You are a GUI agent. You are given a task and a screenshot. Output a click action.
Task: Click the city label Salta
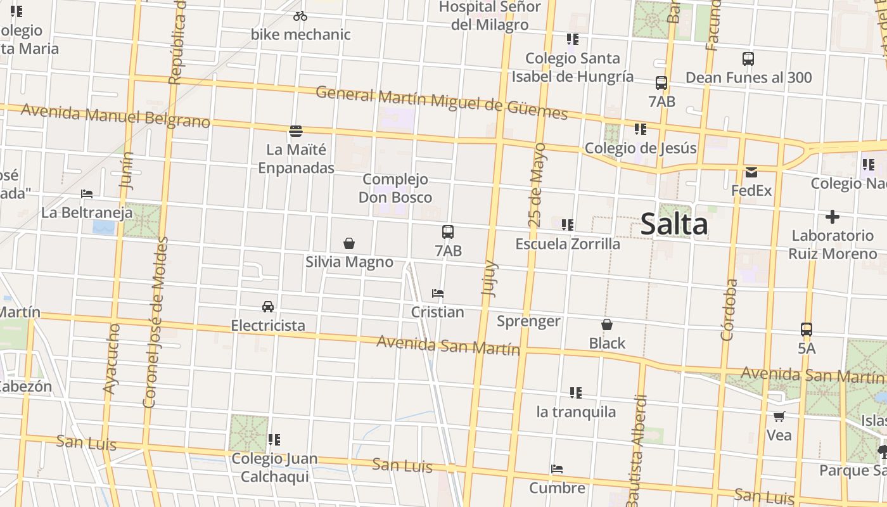(673, 225)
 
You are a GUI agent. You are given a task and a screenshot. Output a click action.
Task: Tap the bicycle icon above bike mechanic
(300, 16)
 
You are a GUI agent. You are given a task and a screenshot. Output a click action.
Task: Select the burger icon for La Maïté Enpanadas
(296, 131)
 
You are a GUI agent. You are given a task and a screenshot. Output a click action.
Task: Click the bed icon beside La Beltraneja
(87, 193)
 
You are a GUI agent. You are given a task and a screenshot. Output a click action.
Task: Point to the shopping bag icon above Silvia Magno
(348, 243)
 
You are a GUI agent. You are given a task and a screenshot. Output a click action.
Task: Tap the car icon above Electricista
(268, 307)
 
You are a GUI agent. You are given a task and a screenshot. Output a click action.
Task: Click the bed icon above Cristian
(437, 293)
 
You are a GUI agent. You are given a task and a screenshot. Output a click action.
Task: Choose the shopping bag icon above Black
(607, 324)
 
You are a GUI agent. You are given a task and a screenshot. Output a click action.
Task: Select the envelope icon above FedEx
(751, 172)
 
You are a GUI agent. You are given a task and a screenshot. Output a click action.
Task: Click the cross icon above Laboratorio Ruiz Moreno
(833, 217)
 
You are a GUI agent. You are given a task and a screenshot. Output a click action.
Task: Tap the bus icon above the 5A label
(807, 330)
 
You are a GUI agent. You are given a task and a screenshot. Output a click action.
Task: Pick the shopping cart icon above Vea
(779, 416)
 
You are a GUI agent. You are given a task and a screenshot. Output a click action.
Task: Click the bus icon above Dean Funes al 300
(748, 59)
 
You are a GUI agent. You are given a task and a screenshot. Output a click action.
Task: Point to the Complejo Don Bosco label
(395, 188)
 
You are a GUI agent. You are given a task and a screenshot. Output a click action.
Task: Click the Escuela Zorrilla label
(568, 244)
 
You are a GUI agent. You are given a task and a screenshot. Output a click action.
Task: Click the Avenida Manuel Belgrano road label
(115, 117)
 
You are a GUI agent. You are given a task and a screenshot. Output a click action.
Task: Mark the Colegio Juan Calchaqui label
(274, 467)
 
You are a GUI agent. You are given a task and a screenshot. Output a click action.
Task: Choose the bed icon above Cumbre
(557, 469)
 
